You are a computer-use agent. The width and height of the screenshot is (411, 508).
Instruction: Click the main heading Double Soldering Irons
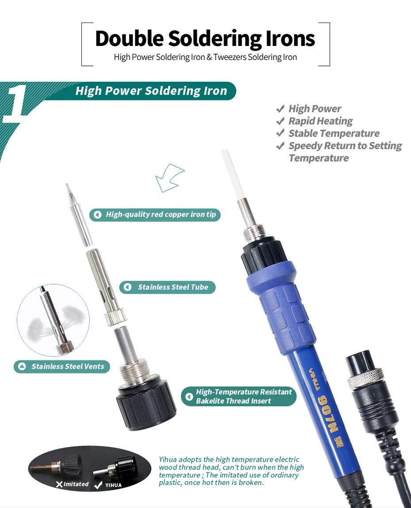click(x=205, y=38)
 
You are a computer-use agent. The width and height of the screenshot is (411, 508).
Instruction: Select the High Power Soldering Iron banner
click(x=151, y=91)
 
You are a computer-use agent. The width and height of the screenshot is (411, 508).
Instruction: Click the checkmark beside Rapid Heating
click(x=280, y=121)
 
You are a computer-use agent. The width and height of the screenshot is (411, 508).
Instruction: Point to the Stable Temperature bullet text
click(x=334, y=134)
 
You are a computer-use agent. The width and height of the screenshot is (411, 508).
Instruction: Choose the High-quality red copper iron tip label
click(x=155, y=215)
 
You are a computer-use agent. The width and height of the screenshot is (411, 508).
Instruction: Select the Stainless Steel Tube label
click(x=167, y=287)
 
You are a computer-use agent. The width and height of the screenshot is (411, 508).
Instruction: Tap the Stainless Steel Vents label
click(x=62, y=367)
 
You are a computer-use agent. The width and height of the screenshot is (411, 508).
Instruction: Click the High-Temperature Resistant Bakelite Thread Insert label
click(x=239, y=397)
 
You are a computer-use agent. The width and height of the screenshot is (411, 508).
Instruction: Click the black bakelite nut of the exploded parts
click(x=146, y=407)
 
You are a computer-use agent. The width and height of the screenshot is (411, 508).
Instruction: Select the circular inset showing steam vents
click(x=53, y=320)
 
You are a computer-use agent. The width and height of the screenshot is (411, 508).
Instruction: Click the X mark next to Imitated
click(x=59, y=485)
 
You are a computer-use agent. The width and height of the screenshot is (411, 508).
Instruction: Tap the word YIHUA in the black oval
click(x=113, y=485)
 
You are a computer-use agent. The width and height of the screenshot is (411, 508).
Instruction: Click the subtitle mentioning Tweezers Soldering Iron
click(x=205, y=57)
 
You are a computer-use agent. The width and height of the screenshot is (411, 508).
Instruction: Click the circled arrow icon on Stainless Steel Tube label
click(x=128, y=287)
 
